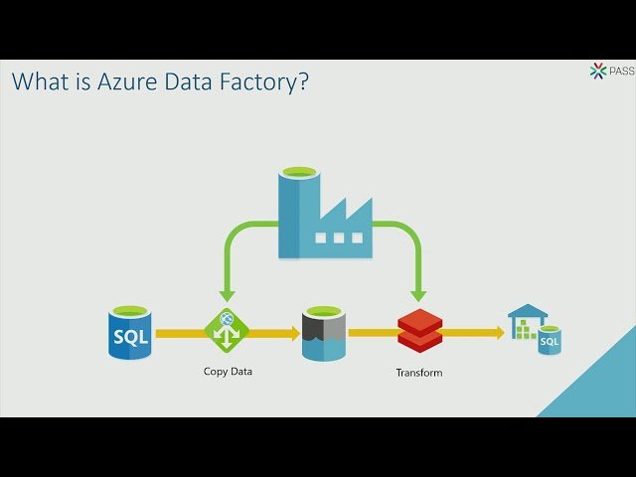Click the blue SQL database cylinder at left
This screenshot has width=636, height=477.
(130, 334)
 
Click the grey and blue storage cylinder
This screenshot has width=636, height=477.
(323, 334)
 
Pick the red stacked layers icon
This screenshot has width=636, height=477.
(418, 331)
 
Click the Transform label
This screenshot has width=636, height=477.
(418, 373)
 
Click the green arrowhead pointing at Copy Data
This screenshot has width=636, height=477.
(226, 295)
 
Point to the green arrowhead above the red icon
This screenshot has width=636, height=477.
(418, 295)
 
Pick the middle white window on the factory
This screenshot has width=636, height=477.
(338, 238)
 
